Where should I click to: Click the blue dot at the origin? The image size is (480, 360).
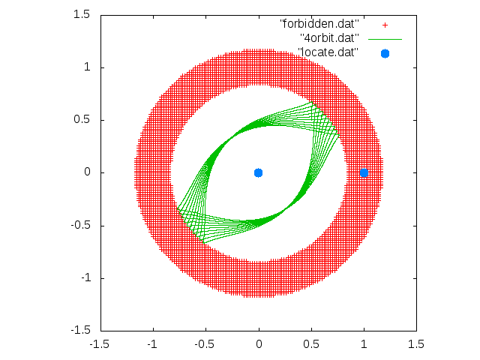tap(258, 173)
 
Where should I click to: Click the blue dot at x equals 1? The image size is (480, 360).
tap(364, 173)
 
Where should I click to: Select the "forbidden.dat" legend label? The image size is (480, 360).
tap(319, 24)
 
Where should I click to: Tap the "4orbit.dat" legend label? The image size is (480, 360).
tap(329, 38)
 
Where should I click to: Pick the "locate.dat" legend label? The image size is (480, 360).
tap(328, 52)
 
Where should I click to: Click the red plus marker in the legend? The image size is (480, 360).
tap(385, 25)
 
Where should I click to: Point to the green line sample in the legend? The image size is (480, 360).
tap(385, 40)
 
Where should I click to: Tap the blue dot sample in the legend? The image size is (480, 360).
tap(385, 53)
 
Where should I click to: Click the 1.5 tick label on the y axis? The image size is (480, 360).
tap(82, 14)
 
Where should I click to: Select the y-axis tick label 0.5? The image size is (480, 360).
tap(82, 120)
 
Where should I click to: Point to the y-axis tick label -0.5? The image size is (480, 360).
tap(80, 225)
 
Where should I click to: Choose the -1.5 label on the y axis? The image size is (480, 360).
tap(80, 331)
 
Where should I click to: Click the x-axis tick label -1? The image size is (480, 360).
tap(152, 344)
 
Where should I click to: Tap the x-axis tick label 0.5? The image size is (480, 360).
tap(311, 344)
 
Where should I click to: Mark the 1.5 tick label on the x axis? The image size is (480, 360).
tap(416, 344)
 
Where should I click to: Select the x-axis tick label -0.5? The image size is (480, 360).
tap(204, 344)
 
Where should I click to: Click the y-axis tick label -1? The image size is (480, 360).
tap(85, 278)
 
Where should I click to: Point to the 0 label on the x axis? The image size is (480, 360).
tap(259, 344)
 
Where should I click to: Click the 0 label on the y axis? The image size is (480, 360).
tap(87, 172)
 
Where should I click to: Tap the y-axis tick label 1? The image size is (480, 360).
tap(87, 67)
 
